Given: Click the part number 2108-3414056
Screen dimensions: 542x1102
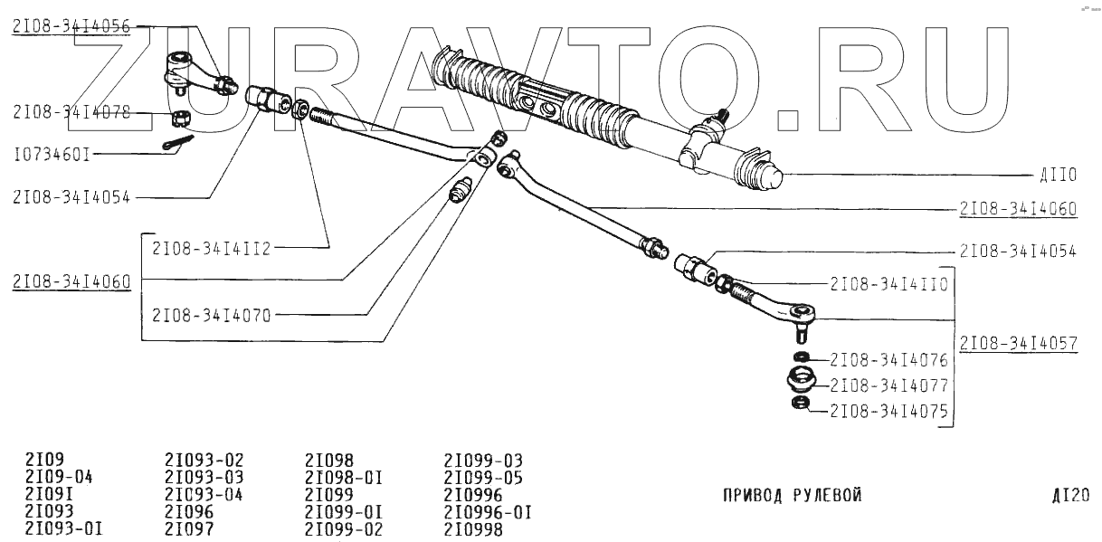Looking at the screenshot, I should coord(71,27).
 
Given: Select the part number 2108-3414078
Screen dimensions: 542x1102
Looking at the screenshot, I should coord(71,113).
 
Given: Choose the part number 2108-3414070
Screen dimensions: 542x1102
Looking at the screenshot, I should coord(210,315).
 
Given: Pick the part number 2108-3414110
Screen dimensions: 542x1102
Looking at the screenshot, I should coord(888,283).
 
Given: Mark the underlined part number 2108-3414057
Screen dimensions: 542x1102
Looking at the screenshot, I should coord(1018,344).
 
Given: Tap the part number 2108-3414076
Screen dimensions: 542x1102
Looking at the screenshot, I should coord(888,358).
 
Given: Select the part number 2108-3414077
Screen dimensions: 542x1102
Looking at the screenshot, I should coord(888,385).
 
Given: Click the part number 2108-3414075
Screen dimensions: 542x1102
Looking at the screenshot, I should coord(888,411).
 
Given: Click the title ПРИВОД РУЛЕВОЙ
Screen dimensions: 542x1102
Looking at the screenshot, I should coord(792,495).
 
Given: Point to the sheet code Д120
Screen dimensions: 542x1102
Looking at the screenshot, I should coord(1070,495).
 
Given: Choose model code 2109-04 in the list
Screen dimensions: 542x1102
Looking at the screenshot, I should coord(59,477).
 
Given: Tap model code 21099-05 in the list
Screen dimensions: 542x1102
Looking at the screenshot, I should coord(483,477).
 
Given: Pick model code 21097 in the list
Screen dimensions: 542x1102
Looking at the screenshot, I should coord(190,529).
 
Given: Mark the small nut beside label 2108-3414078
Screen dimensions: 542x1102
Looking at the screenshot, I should coord(178,117).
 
